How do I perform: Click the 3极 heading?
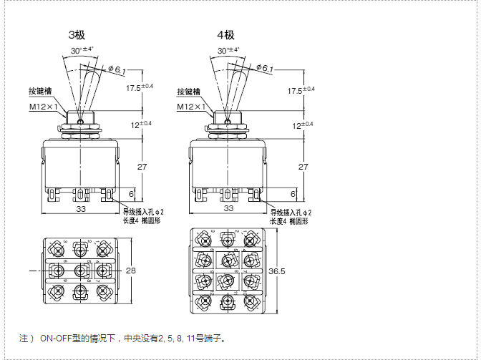point(77,34)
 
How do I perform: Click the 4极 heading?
point(226,34)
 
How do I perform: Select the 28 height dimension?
point(130,271)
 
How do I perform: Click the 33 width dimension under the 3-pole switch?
point(80,208)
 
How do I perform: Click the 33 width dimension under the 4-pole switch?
point(229,208)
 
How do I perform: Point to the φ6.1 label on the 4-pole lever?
point(265,69)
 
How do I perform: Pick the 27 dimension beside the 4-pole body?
point(303,167)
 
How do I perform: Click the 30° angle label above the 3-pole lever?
point(83,50)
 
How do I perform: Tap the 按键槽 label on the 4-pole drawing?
point(189,92)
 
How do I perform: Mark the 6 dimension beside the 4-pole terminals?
point(292,194)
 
